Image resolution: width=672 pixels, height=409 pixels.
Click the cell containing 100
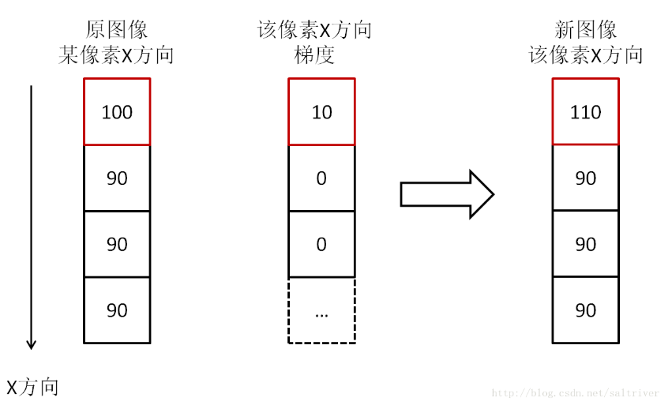point(117,112)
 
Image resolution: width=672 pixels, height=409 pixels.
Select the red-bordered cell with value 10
point(321,112)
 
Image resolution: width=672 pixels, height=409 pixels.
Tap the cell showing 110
point(585,112)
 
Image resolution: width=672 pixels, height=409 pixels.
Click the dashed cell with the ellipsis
point(321,310)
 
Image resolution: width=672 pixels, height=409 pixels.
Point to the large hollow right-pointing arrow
point(447,193)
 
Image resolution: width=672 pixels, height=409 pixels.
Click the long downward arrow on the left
point(31,217)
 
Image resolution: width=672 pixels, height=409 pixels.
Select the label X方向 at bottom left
point(32,387)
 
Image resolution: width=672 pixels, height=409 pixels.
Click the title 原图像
point(116,30)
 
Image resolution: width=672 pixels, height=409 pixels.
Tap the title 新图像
point(585,30)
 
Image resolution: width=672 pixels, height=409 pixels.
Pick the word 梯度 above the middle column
point(313,55)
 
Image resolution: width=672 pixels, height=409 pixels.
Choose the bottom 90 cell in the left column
point(117,310)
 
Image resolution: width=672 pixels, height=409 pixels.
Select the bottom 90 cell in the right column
point(585,310)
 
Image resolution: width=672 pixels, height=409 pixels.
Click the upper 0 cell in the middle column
point(321,178)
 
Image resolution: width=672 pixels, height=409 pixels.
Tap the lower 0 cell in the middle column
point(321,244)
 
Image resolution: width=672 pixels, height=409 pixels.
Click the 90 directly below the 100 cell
point(117,178)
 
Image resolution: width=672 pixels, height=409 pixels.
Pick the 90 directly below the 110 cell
point(585,178)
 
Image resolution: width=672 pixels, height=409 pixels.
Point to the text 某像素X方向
point(116,55)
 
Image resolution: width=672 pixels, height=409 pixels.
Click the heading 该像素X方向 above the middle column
point(314,30)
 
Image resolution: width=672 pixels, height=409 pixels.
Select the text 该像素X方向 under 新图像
point(585,55)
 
